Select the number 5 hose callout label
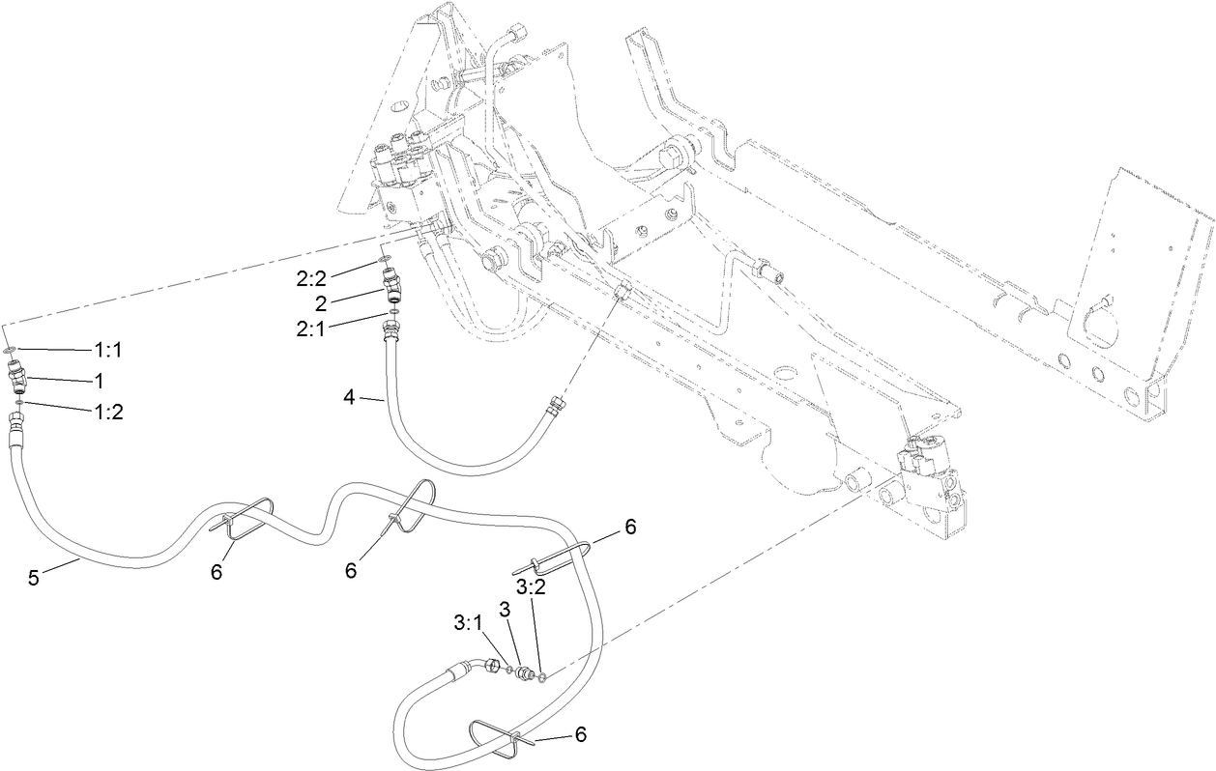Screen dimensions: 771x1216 tap(33, 577)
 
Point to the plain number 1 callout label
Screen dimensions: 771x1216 tap(100, 380)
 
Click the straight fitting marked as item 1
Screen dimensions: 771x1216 tap(19, 377)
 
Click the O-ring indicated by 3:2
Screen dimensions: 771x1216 tap(542, 678)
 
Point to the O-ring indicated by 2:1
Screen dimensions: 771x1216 tap(393, 312)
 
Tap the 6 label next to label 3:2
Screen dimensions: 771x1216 tap(630, 527)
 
